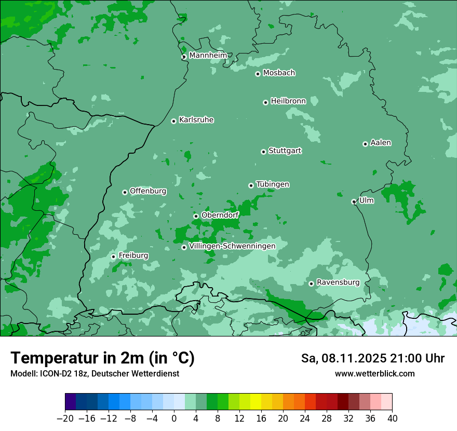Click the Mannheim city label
click(208, 56)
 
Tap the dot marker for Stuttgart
click(263, 152)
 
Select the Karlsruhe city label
click(196, 120)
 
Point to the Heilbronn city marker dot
click(265, 102)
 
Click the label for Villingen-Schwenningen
click(232, 246)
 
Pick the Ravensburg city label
click(338, 282)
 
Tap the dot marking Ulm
click(354, 201)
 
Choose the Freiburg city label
click(133, 255)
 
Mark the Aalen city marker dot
click(365, 144)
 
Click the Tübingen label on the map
click(273, 184)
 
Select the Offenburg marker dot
click(125, 192)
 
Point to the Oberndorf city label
click(220, 215)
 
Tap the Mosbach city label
click(279, 73)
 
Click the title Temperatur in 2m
click(102, 358)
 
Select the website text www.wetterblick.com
click(374, 373)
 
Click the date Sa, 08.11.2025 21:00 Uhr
click(372, 358)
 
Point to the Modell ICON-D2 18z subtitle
click(95, 373)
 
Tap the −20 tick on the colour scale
click(65, 419)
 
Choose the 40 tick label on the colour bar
click(392, 419)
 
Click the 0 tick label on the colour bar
click(174, 419)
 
